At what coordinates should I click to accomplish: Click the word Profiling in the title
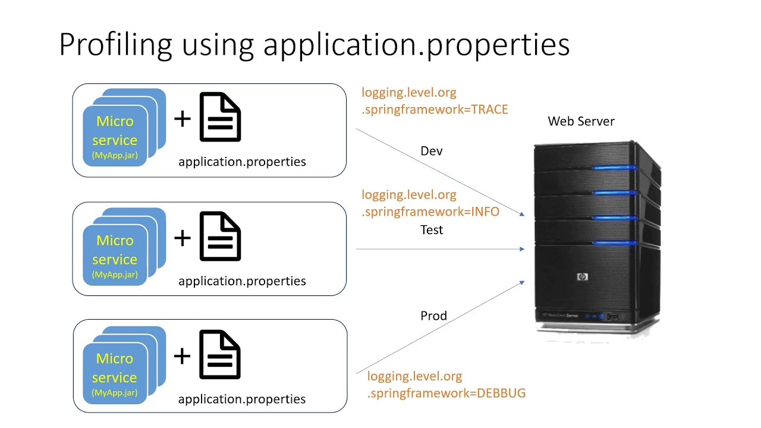(116, 45)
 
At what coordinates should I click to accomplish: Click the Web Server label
(581, 121)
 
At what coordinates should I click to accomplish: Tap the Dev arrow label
(432, 151)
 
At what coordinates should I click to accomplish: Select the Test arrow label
(432, 229)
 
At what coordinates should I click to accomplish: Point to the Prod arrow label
(433, 316)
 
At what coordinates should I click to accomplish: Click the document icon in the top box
(220, 117)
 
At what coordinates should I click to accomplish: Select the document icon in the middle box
(220, 237)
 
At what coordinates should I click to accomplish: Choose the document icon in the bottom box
(220, 355)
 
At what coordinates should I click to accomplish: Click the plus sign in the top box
(183, 118)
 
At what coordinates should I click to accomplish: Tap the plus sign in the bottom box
(183, 356)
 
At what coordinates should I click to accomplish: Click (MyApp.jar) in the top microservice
(115, 155)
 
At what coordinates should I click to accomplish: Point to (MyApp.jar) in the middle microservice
(115, 275)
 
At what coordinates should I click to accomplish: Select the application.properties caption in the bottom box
(242, 399)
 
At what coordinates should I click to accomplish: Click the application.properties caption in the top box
(242, 162)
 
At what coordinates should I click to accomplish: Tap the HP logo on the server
(581, 277)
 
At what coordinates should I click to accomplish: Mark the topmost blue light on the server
(614, 168)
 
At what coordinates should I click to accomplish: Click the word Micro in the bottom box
(115, 358)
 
